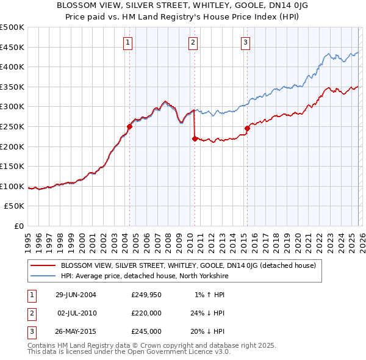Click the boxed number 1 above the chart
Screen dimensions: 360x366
click(x=128, y=42)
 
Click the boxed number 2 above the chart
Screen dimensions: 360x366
click(x=193, y=42)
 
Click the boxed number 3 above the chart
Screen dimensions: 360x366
click(x=245, y=42)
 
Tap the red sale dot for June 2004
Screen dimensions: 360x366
click(x=129, y=127)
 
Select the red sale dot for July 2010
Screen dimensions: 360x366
click(x=195, y=139)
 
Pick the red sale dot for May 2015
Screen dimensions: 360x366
click(x=247, y=128)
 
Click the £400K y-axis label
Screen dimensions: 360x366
click(x=12, y=67)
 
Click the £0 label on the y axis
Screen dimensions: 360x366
click(x=19, y=226)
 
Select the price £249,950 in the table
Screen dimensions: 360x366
click(x=146, y=295)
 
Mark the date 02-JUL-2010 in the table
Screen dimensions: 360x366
click(x=76, y=313)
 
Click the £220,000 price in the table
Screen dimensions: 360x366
click(x=146, y=313)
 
